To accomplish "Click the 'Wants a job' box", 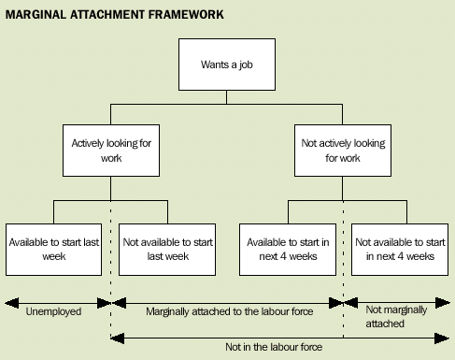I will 227,65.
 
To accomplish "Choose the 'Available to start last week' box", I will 53,248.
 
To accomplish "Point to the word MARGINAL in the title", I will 36,16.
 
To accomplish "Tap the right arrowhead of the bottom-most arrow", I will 446,338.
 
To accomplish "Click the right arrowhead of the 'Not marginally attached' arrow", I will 446,302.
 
